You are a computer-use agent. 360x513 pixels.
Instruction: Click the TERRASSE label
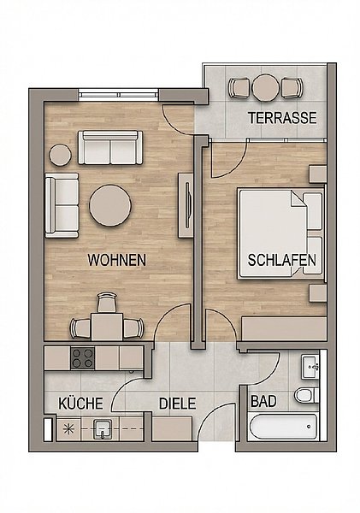[282, 118]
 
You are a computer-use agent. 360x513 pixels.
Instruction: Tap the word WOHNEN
[117, 260]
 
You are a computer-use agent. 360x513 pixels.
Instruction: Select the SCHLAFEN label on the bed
[282, 260]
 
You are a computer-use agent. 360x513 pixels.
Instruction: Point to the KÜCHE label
[81, 404]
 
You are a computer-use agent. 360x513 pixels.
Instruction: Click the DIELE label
[177, 404]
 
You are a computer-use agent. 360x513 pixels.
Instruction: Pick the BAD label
[263, 401]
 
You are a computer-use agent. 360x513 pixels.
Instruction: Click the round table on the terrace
[266, 88]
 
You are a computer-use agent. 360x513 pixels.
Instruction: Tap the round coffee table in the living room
[110, 206]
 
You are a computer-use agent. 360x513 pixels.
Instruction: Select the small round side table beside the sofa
[61, 155]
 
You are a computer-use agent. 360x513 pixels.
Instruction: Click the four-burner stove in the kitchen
[83, 358]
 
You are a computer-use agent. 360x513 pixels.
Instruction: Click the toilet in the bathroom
[306, 395]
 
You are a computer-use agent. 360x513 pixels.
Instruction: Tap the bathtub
[282, 427]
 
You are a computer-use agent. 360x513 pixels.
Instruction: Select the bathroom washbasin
[310, 367]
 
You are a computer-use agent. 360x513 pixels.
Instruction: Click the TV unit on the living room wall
[186, 205]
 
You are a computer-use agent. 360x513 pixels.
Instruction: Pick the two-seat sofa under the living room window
[110, 148]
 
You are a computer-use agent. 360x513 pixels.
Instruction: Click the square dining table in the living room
[107, 327]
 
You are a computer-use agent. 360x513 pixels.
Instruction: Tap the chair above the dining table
[107, 303]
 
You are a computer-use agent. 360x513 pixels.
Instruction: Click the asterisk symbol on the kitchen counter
[68, 429]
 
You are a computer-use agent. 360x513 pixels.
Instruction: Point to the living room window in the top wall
[119, 95]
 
